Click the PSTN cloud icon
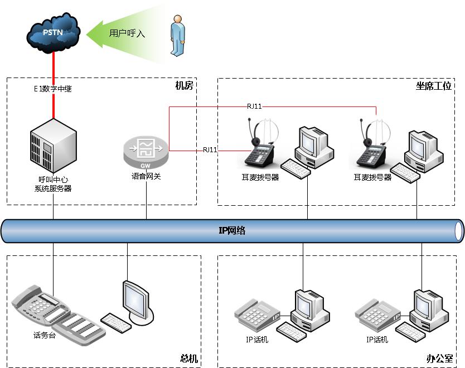pos(53,32)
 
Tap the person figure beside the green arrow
pos(177,36)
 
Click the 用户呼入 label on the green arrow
pos(127,33)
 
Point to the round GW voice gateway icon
pos(146,152)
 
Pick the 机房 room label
pos(183,86)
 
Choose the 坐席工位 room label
pos(433,86)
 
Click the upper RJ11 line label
pos(255,106)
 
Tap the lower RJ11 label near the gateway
pos(210,149)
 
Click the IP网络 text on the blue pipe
pos(232,230)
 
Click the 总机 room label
pos(188,359)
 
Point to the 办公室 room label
pos(440,359)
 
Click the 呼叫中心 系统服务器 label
pos(53,185)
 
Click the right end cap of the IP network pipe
pos(458,230)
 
